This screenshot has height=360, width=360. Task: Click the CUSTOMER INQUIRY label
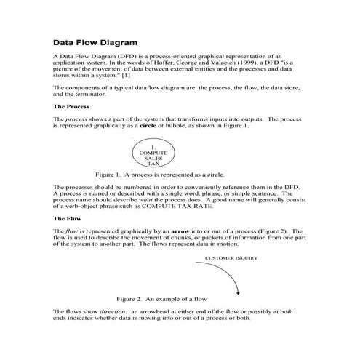tap(231, 257)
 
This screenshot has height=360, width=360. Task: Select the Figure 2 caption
tap(167, 299)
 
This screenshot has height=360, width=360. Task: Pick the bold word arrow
tap(196, 230)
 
